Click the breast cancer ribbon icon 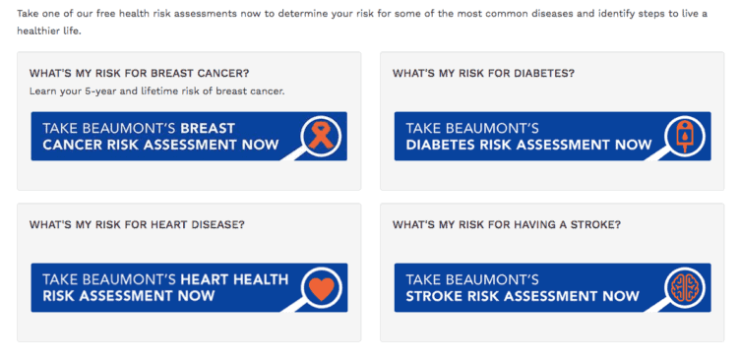[320, 135]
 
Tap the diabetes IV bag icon [682, 135]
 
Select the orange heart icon [320, 287]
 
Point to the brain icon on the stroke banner [682, 287]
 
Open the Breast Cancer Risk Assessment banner [157, 136]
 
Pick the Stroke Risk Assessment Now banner [523, 287]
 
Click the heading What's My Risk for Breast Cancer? [139, 74]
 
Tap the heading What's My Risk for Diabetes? [483, 74]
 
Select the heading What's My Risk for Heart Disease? [137, 225]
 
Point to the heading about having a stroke [506, 225]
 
